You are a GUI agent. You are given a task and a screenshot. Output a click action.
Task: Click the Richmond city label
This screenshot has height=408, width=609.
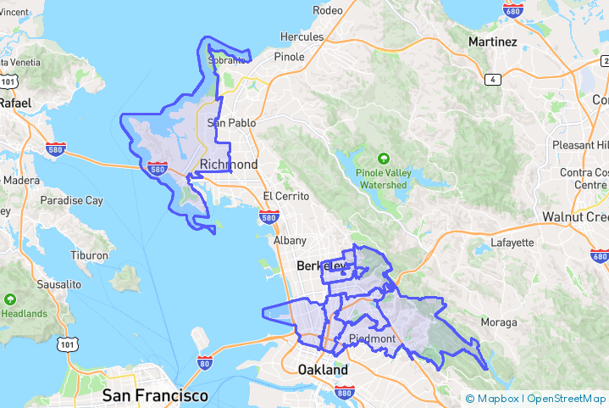click(229, 164)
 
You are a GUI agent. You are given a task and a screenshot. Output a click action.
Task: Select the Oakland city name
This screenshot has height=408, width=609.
click(323, 371)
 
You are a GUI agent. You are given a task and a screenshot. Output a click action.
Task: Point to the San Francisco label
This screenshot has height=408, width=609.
click(155, 396)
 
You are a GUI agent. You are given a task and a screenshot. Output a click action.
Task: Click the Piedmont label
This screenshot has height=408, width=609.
click(372, 339)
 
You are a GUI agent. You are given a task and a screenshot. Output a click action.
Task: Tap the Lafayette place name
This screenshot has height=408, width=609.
click(512, 243)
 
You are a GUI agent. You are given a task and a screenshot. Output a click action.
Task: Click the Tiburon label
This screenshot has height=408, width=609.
click(89, 255)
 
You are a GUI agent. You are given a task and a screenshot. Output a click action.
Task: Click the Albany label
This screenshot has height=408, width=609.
click(291, 241)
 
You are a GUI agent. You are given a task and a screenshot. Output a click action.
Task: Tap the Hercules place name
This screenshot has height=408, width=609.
click(302, 37)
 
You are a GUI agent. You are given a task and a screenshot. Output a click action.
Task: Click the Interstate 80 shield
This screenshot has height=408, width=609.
click(204, 362)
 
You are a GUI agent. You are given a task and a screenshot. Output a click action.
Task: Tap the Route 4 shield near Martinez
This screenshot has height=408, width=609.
click(492, 80)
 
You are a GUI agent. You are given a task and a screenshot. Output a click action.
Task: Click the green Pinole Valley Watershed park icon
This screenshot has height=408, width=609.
click(383, 158)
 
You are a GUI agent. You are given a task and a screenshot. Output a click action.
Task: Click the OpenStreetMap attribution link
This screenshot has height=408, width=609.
click(567, 399)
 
